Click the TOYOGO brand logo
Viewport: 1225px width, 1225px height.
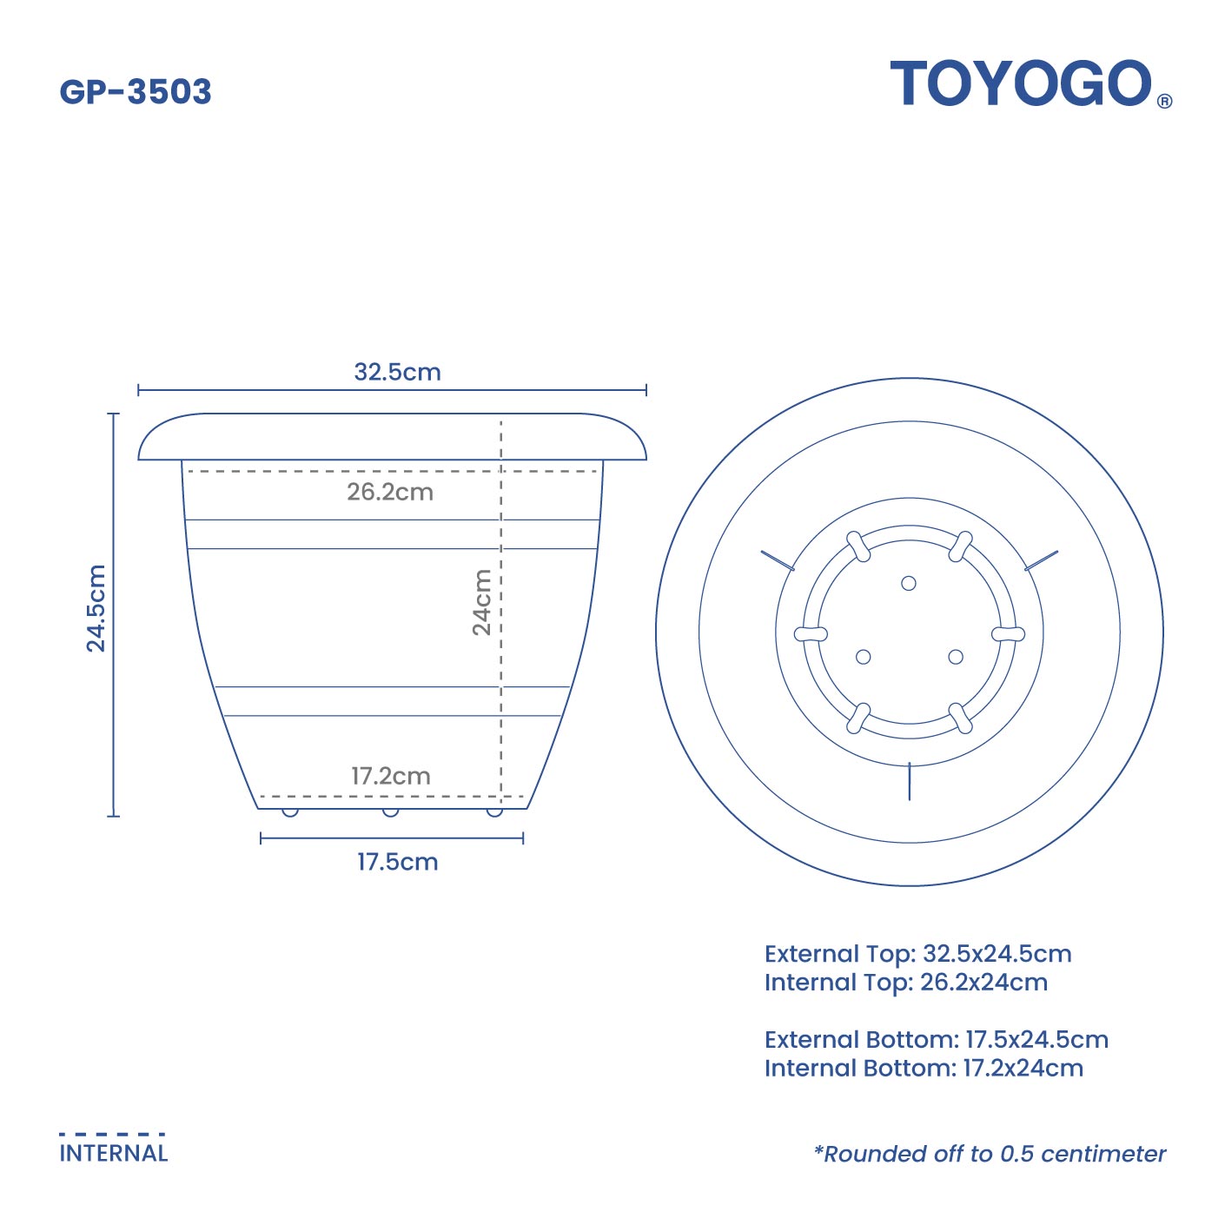tap(1021, 84)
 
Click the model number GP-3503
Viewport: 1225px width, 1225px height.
tap(136, 92)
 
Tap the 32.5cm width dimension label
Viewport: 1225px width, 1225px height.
tap(397, 372)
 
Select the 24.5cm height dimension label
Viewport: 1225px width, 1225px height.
tap(96, 607)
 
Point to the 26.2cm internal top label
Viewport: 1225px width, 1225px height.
tap(390, 492)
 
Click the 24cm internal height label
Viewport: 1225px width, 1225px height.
tap(481, 602)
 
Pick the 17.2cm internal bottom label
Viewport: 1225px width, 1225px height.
tap(390, 776)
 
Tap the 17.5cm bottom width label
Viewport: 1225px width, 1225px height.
tap(397, 862)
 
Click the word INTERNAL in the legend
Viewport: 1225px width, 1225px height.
tap(114, 1154)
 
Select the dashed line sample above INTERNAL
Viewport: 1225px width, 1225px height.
tap(112, 1134)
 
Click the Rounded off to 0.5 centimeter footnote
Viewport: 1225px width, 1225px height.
tap(990, 1154)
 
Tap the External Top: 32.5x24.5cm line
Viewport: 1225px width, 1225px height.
tap(917, 954)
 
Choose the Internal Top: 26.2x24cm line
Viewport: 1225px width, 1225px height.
tap(905, 983)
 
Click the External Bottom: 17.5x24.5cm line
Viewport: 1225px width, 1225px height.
tap(936, 1040)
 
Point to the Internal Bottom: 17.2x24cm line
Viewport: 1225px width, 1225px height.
tap(924, 1069)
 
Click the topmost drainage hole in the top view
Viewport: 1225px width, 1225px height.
tap(909, 583)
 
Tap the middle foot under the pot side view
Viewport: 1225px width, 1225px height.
tap(391, 812)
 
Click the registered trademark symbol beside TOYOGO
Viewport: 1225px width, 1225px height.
tap(1165, 101)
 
